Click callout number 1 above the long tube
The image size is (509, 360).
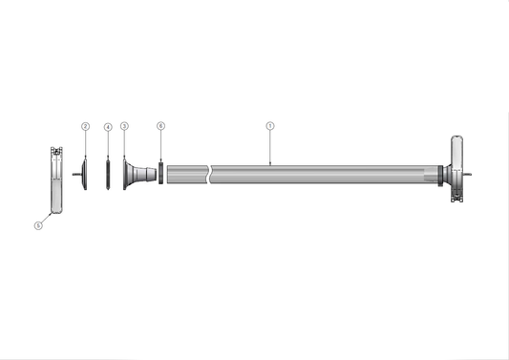270,125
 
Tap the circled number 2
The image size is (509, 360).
85,126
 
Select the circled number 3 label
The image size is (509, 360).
124,126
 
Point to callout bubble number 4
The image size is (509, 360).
108,126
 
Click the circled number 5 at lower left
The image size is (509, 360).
38,226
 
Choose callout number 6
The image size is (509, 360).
160,126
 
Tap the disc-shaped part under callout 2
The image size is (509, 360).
85,174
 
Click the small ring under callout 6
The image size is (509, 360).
160,174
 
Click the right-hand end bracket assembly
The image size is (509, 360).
457,169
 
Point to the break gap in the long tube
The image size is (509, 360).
210,174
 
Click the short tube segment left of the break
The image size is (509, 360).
187,174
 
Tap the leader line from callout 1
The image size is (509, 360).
270,146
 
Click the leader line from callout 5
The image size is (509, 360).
46,218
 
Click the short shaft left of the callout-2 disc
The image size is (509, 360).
75,174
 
